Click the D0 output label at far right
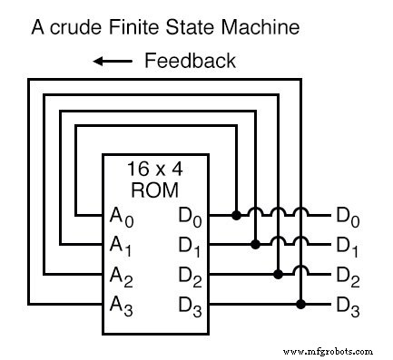tap(348, 217)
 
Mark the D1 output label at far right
tap(348, 245)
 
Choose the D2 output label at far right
tap(348, 274)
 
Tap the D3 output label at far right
tap(348, 304)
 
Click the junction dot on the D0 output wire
tap(236, 215)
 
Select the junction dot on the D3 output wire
tap(300, 302)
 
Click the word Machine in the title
tap(253, 27)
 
